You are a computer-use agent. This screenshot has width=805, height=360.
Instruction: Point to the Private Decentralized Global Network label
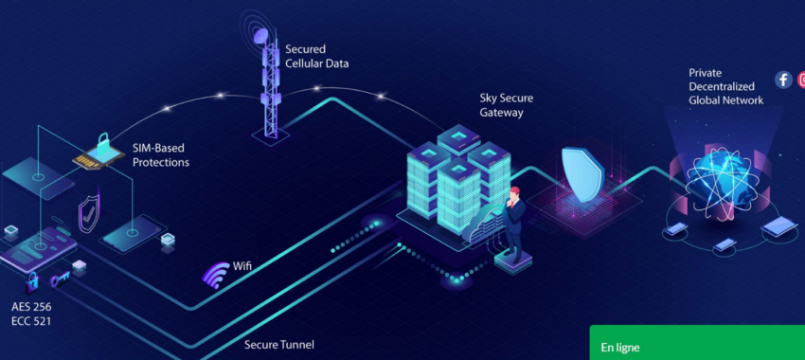pos(725,86)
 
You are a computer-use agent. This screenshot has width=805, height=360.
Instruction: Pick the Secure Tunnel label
pos(279,345)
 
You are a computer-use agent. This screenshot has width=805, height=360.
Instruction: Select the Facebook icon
pos(783,80)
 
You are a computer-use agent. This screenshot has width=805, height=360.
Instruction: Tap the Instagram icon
pos(800,80)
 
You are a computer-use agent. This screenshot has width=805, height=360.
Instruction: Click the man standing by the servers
pos(514,224)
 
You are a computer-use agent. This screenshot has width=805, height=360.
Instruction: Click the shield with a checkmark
pos(88,214)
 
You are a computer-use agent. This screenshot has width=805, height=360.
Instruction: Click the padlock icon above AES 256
pos(32,280)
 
